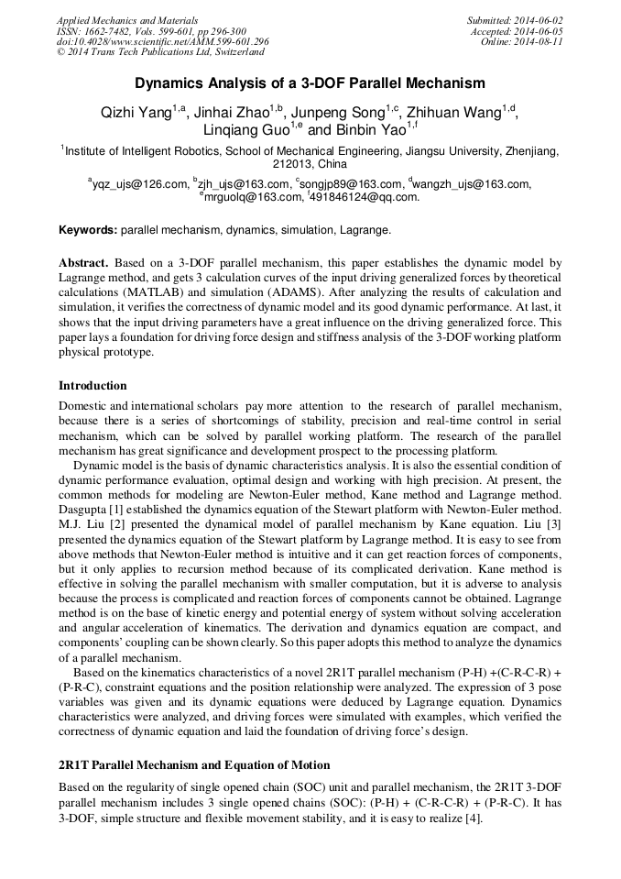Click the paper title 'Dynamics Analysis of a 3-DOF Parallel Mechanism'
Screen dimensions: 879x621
(310, 83)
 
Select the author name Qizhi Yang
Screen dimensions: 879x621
(136, 113)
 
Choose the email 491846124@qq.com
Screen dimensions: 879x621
(365, 196)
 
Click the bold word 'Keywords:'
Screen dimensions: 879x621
(88, 229)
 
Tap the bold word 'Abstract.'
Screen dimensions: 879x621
(83, 262)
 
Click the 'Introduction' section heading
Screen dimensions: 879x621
(93, 385)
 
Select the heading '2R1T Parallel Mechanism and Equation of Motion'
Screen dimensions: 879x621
(194, 764)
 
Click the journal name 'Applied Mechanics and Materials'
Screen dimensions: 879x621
(125, 20)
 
